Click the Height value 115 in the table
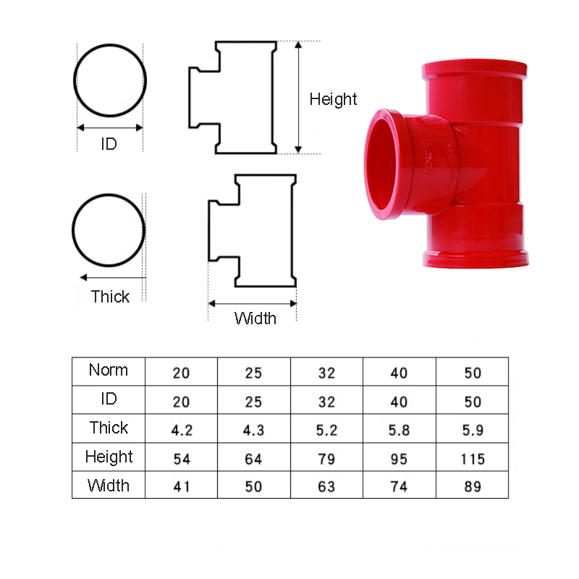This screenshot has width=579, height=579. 471,459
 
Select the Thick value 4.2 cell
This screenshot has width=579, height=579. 182,430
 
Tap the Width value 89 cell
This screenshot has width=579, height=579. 471,486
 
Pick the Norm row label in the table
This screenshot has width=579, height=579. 109,371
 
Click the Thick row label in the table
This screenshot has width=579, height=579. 109,428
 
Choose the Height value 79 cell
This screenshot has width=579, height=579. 326,459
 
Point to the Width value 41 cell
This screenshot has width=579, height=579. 182,486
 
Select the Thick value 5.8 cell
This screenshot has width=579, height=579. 399,430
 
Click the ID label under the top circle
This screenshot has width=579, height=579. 109,144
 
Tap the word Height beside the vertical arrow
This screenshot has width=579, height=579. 333,99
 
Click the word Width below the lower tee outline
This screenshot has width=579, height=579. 255,318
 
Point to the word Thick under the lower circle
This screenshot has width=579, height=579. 110,297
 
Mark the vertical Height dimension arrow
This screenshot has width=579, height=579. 298,98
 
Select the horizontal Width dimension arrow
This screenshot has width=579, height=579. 253,304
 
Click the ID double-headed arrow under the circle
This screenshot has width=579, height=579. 110,127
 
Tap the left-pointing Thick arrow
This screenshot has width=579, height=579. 112,277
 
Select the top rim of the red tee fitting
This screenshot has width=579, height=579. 473,67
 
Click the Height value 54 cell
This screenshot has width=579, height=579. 182,459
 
